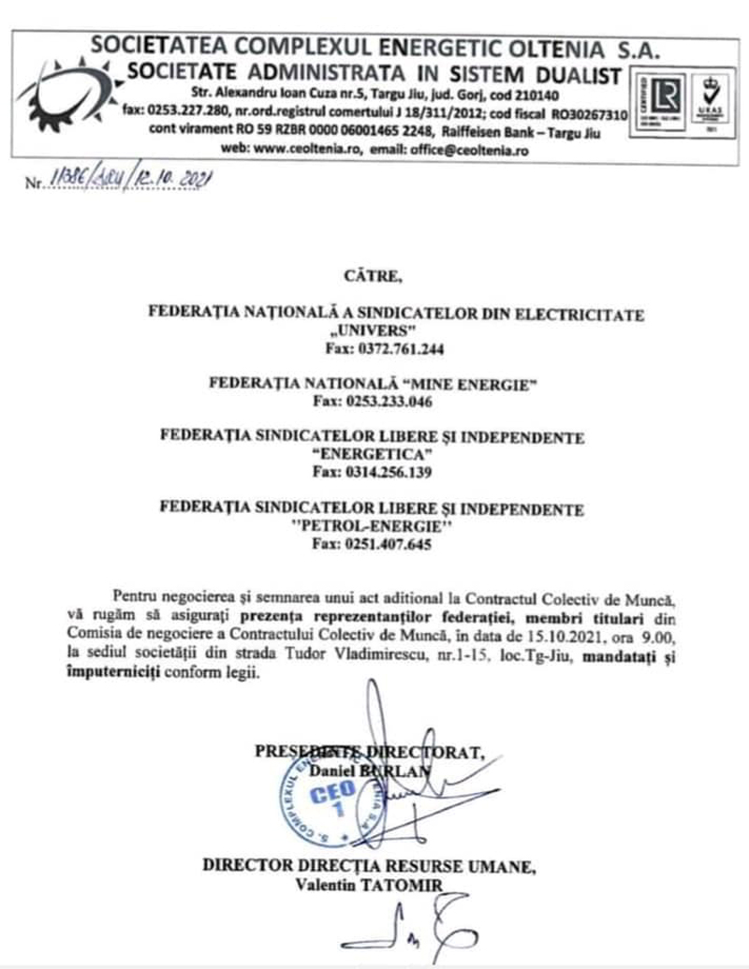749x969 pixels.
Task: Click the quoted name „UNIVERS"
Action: pyautogui.click(x=373, y=332)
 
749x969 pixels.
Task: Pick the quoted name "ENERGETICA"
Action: pyautogui.click(x=373, y=456)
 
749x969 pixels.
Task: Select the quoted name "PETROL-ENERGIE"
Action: pyautogui.click(x=373, y=527)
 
